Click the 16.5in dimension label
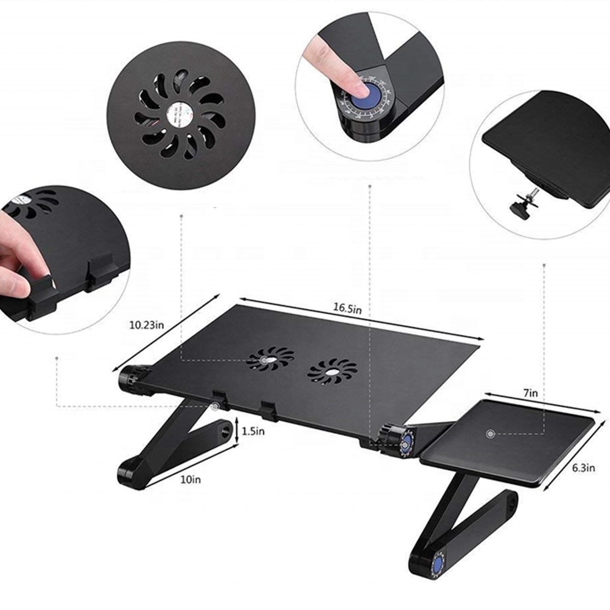[x=347, y=308]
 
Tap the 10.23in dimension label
[x=146, y=324]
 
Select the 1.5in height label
[x=253, y=431]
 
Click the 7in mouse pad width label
[x=530, y=393]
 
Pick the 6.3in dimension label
[x=583, y=468]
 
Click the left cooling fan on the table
[x=270, y=359]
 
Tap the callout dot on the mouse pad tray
[x=490, y=434]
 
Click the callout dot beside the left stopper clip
[x=216, y=406]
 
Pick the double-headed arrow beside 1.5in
[x=237, y=431]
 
